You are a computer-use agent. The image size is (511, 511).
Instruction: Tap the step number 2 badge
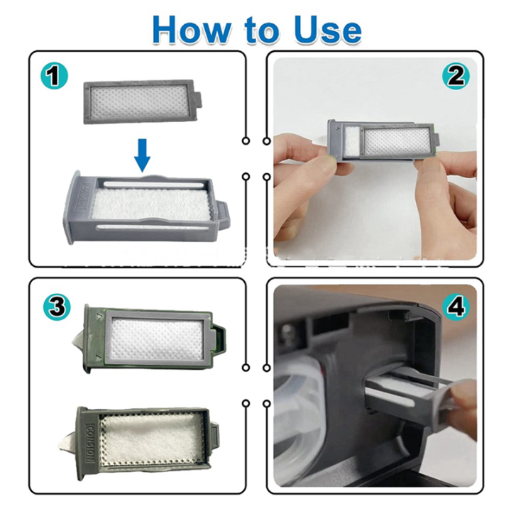pyautogui.click(x=456, y=75)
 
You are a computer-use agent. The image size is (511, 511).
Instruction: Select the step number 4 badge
pyautogui.click(x=456, y=307)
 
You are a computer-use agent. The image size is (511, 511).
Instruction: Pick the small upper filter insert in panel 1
pyautogui.click(x=142, y=102)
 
